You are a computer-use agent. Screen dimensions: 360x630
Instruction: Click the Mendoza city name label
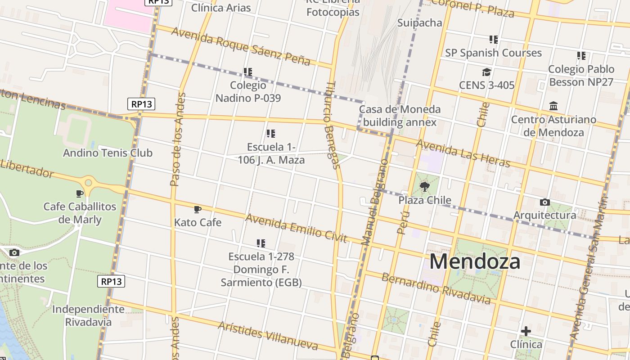[475, 261]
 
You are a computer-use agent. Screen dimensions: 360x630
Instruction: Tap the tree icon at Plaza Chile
[424, 186]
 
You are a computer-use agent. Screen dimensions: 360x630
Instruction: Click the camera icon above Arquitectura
[544, 202]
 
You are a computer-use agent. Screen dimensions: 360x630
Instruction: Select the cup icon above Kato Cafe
[197, 209]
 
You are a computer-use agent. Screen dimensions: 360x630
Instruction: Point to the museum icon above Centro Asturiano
[553, 106]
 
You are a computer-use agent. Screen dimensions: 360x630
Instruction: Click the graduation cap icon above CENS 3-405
[486, 72]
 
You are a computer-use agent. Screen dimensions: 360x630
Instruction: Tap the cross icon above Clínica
[526, 332]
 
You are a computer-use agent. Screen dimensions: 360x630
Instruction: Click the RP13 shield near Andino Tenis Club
[141, 104]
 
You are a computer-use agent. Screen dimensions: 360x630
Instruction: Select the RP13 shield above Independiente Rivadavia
[111, 282]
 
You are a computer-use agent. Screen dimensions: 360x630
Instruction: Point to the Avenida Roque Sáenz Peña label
[241, 46]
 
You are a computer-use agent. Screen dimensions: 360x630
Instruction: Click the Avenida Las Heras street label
[463, 153]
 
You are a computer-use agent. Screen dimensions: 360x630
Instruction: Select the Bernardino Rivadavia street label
[436, 288]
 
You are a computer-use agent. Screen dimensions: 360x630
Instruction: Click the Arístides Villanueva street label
[268, 336]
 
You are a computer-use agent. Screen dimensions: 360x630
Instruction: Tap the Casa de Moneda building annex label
[400, 116]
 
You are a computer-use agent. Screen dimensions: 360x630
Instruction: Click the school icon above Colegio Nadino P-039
[247, 72]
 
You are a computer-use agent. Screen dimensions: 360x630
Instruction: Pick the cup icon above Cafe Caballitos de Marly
[80, 193]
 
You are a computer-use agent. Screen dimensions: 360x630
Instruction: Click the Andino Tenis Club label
[108, 153]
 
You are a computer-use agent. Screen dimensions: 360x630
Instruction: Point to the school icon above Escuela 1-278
[261, 243]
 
